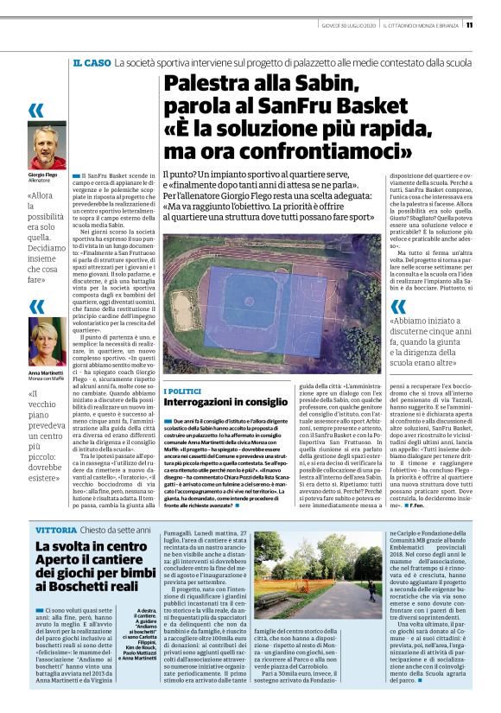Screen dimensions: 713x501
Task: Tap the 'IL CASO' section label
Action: coord(91,63)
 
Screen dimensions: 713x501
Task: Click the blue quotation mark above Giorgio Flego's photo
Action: coord(36,110)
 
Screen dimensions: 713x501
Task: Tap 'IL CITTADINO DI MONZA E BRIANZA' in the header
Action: coord(420,24)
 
